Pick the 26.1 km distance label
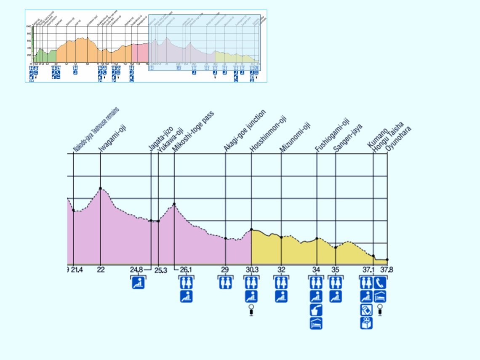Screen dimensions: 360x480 (186, 270)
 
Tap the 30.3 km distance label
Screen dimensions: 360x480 (251, 270)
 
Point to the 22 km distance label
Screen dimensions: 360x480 (101, 270)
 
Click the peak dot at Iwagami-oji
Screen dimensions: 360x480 (100, 188)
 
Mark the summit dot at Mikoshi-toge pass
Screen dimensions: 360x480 (174, 204)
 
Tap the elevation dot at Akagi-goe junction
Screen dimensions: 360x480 (226, 238)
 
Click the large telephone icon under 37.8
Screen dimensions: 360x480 (380, 283)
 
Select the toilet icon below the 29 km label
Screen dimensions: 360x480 (225, 283)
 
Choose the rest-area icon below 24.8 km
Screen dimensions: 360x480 (138, 283)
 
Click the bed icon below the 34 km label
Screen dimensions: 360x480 (316, 323)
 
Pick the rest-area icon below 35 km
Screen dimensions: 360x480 (336, 296)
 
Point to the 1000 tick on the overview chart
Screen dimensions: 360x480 (29, 27)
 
